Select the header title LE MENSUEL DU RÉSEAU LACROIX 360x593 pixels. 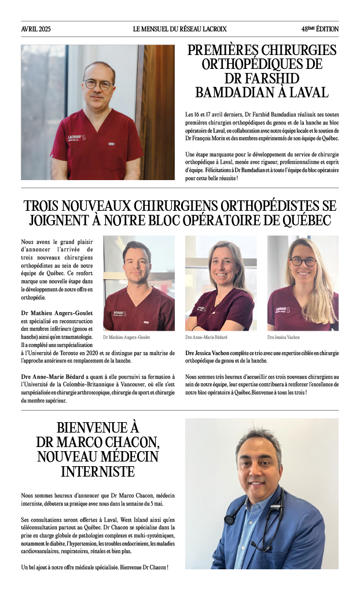(x=180, y=29)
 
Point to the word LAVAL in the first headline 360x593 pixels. (x=308, y=91)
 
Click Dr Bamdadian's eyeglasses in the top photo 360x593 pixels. (x=98, y=85)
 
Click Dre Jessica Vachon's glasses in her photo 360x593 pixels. (x=303, y=262)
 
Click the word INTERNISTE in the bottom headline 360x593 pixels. (x=98, y=471)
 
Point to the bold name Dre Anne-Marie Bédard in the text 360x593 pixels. (x=49, y=377)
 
